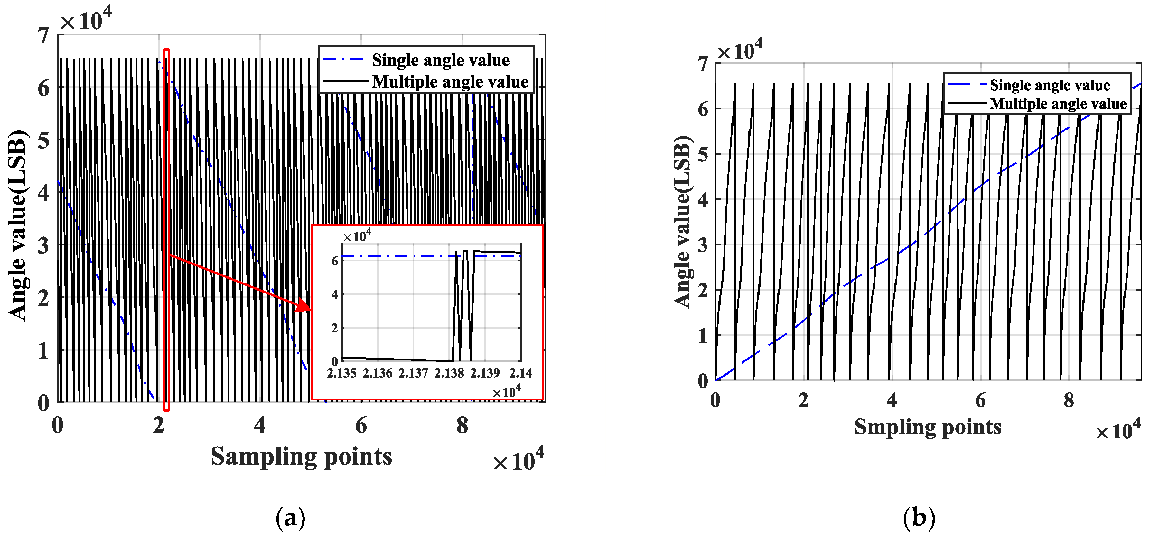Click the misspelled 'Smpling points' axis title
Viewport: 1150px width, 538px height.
point(928,427)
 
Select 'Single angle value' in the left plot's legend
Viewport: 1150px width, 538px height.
point(440,60)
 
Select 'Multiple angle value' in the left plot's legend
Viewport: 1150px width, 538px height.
point(450,82)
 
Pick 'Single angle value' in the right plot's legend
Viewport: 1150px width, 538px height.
point(1050,85)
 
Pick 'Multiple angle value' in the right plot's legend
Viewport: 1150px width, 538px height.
point(1058,104)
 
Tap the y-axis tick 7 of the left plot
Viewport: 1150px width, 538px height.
point(43,36)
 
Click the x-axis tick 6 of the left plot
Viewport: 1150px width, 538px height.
point(361,425)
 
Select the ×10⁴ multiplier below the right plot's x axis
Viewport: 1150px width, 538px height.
point(1118,430)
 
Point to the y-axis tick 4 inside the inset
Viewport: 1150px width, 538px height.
point(334,295)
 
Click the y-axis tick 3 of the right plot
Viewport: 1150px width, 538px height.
point(703,245)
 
